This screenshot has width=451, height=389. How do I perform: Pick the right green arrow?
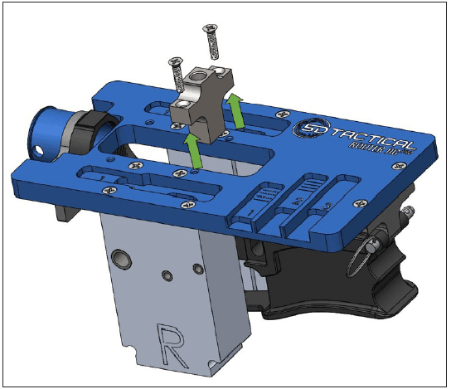(239, 110)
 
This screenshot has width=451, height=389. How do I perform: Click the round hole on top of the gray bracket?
(201, 82)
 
